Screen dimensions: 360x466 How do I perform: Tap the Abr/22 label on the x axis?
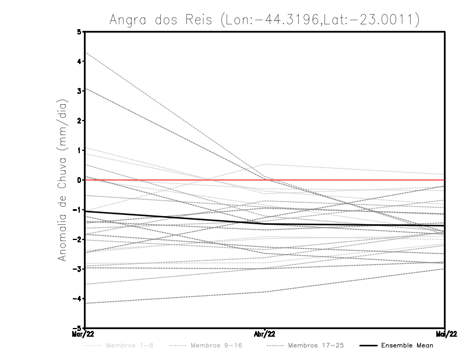tap(265, 333)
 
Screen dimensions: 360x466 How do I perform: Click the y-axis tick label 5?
tap(79, 32)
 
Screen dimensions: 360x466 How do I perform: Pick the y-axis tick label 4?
tap(79, 61)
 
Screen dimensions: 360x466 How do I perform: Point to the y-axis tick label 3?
tap(79, 91)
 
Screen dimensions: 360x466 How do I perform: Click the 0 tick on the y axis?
tap(79, 179)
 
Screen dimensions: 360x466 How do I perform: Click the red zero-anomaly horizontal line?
tap(349, 180)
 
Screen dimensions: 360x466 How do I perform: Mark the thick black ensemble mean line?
tap(175, 217)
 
